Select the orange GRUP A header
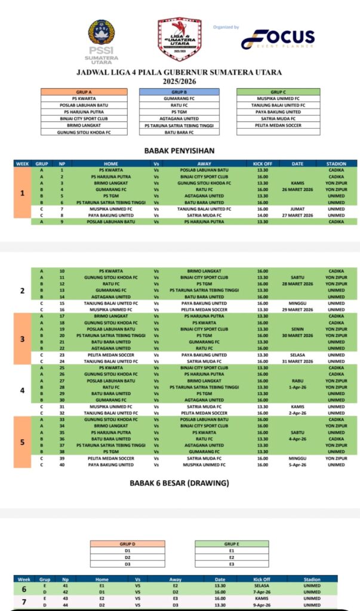(84, 92)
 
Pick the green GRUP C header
(278, 92)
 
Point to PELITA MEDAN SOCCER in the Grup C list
(278, 125)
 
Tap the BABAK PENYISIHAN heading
(180, 151)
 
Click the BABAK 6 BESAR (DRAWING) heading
(180, 483)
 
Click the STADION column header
(336, 163)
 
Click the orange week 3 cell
(22, 338)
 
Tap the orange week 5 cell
(22, 442)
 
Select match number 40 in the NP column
(62, 464)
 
